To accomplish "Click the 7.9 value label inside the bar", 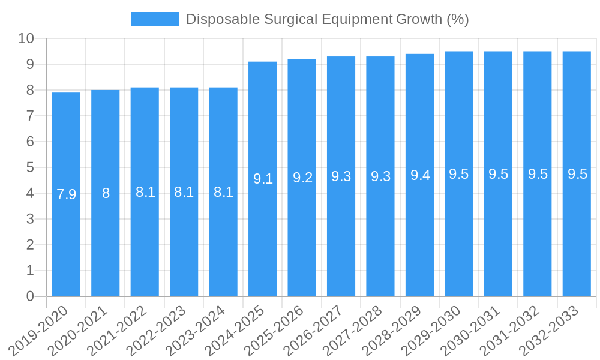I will coord(66,194).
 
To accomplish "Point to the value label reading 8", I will coord(106,193).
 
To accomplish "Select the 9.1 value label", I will coord(263,178).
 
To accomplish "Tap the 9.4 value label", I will coord(420,176).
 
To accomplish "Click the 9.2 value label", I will coord(302,178).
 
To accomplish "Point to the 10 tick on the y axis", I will coord(26,39).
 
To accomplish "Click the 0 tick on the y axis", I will coord(30,296).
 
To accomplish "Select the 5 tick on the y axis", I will coord(30,167).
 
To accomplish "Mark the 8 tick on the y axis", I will coord(30,90).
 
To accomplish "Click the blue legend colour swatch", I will coord(155,19).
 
